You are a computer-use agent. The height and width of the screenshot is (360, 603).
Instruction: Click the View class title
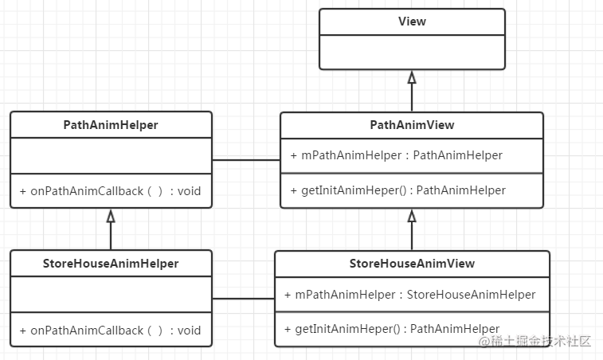(412, 22)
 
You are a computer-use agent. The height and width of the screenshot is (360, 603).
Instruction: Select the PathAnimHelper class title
(111, 125)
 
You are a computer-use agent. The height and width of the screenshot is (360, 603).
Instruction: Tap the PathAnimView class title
(412, 125)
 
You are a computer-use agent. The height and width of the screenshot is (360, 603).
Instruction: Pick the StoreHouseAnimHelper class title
(111, 264)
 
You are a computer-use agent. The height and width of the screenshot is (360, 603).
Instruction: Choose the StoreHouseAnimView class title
(412, 264)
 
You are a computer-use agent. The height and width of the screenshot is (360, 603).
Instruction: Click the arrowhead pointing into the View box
(412, 77)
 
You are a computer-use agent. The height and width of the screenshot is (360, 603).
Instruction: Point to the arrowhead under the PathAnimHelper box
(111, 216)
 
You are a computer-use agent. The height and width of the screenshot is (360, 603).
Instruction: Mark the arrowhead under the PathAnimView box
(412, 216)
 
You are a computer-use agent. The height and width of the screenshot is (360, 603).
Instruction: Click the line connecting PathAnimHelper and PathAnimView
(246, 160)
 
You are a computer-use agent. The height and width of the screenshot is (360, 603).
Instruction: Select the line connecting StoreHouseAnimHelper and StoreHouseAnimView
(243, 299)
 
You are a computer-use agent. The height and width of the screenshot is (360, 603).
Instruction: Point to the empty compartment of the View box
(412, 52)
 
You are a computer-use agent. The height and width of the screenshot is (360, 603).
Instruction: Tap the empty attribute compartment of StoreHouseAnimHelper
(111, 295)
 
